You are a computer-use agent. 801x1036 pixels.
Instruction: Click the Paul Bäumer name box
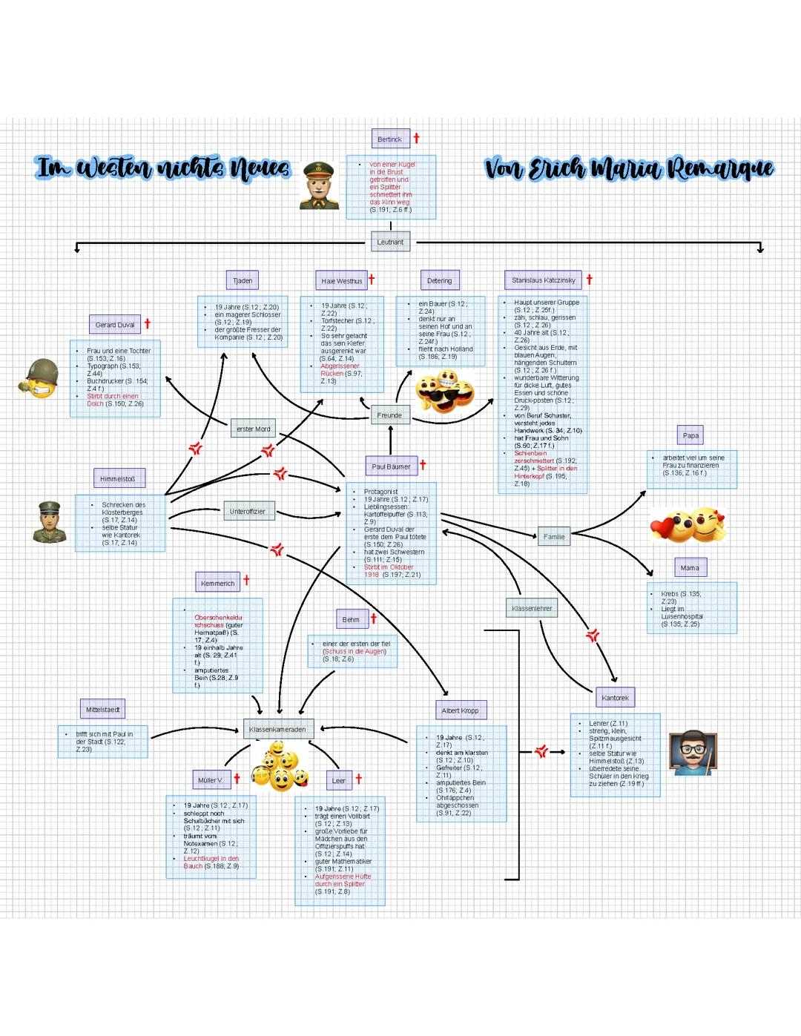tap(391, 466)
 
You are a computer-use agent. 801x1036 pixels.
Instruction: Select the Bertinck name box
tap(390, 139)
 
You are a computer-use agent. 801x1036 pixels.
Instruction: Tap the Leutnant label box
tap(390, 242)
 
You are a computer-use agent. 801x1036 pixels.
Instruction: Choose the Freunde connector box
tap(389, 415)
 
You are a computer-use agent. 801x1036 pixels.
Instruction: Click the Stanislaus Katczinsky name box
tap(543, 280)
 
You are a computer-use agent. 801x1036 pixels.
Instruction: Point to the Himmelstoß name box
tap(118, 478)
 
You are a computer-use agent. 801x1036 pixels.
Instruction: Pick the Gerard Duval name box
tap(115, 324)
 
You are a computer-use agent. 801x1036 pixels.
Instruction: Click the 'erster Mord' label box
tap(253, 429)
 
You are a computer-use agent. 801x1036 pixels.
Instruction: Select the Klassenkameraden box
tap(278, 729)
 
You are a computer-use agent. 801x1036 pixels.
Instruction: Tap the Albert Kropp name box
tap(460, 710)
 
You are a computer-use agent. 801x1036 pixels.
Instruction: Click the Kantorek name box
tap(615, 698)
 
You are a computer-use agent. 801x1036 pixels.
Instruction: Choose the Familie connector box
tap(554, 536)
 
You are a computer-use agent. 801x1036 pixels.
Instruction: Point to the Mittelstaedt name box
tap(102, 710)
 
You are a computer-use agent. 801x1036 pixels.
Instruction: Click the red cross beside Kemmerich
tap(246, 580)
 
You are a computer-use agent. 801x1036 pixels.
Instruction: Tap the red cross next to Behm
tap(373, 618)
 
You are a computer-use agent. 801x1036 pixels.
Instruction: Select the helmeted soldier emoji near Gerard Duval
tap(42, 377)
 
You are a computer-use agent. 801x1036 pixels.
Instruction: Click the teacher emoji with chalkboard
tap(693, 753)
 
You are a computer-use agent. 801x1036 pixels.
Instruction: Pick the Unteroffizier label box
tap(247, 512)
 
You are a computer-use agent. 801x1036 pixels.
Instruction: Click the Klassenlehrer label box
tap(532, 608)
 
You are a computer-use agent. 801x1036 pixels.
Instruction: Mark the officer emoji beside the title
tap(320, 186)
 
